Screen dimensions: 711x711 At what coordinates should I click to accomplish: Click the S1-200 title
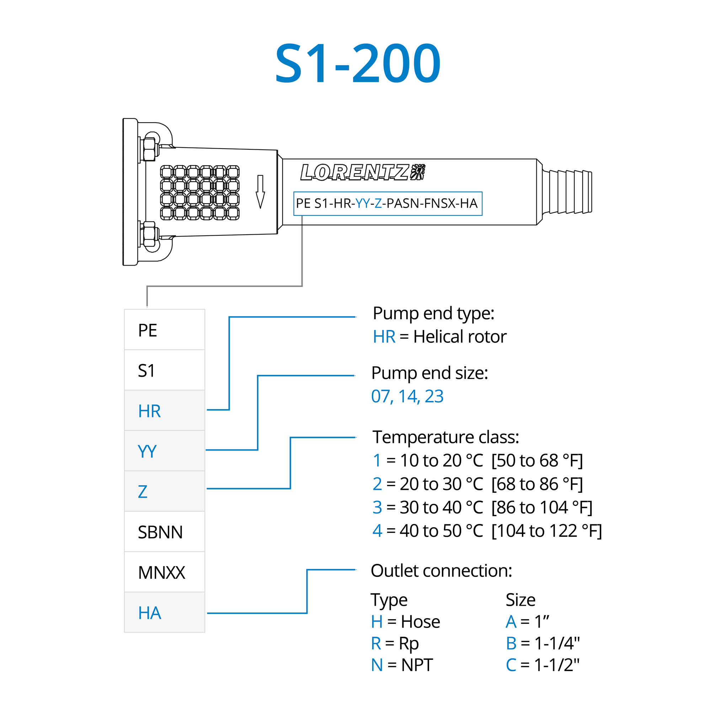358,63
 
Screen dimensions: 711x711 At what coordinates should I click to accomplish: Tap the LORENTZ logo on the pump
362,172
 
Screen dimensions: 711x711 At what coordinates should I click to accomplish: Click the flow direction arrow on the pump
260,192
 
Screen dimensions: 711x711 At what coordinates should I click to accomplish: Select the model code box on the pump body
387,203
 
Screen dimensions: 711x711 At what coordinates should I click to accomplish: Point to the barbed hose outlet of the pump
567,191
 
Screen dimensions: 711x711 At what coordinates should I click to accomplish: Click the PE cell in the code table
165,330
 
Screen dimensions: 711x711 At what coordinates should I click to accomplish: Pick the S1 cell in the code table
165,370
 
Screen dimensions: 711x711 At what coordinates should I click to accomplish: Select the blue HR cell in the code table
165,411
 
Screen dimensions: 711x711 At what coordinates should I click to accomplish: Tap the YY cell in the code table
165,451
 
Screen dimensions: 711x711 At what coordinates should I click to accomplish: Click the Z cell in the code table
165,491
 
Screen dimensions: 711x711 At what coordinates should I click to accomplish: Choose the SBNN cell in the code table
165,532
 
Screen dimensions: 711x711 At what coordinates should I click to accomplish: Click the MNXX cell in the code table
165,572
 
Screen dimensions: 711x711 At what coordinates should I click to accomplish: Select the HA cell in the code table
165,613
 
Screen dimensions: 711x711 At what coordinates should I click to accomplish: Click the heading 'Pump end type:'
433,313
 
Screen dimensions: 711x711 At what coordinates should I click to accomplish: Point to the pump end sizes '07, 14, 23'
407,396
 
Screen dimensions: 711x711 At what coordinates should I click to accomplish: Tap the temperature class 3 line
482,507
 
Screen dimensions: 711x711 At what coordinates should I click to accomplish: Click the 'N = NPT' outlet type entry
402,665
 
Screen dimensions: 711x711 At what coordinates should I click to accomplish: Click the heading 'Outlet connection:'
441,571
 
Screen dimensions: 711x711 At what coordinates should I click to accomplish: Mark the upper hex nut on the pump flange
149,149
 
